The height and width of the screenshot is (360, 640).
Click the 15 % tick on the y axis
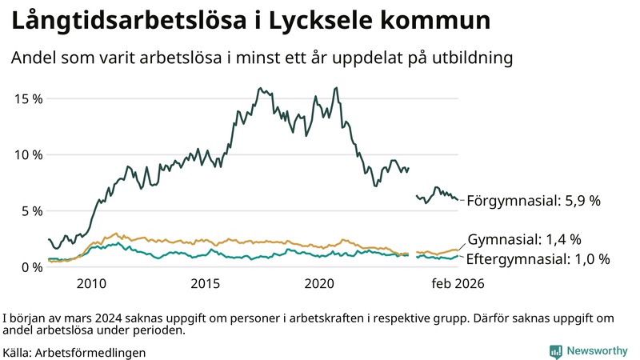pos(28,98)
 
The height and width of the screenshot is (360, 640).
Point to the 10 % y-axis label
pos(28,154)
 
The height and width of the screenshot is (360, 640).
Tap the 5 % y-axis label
pos(31,211)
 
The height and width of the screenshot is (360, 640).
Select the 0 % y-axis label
pos(31,267)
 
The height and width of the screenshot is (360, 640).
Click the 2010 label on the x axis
pos(91,283)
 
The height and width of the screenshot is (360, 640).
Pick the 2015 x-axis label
pos(206,283)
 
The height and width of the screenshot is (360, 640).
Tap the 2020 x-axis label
pos(320,283)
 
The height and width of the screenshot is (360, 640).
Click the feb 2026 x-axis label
pos(458,283)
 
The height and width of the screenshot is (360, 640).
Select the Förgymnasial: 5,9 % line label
pos(534,201)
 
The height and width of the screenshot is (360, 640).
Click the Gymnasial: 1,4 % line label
pos(524,239)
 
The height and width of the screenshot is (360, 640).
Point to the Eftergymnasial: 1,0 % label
pos(538,259)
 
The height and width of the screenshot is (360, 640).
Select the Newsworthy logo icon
pos(555,351)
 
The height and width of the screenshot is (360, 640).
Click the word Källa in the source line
pos(18,352)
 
